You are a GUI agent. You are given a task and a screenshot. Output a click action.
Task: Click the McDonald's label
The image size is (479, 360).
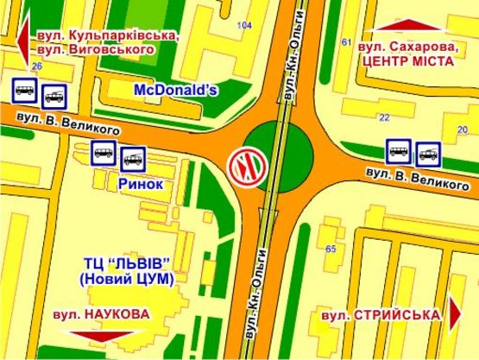[x=178, y=90]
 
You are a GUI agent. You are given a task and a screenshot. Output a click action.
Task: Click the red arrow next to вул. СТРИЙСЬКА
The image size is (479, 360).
[x=456, y=314]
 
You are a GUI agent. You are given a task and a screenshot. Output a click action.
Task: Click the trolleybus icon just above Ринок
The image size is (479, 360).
[x=133, y=158]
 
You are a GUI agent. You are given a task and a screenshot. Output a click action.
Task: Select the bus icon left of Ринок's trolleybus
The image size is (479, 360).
[x=102, y=155]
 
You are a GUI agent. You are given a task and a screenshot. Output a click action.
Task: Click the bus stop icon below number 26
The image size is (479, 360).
[x=23, y=89]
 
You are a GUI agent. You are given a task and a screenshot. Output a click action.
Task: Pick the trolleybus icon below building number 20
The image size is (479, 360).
[x=429, y=154]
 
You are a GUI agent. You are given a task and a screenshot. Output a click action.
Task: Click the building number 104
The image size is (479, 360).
[x=245, y=26]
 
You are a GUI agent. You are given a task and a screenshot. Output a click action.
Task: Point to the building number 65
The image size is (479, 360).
[x=330, y=249]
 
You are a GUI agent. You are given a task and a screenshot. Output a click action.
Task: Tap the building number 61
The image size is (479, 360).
[x=346, y=42]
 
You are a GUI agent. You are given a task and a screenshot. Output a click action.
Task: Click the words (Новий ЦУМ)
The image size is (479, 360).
[x=126, y=280]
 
